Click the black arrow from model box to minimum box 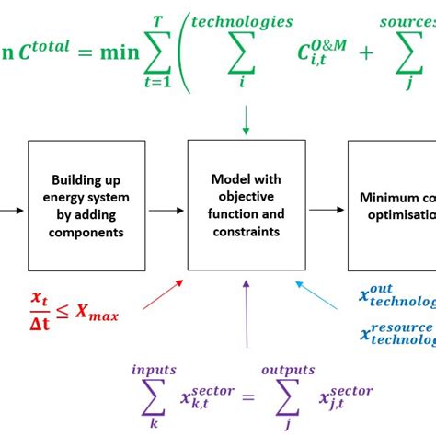pyautogui.click(x=326, y=210)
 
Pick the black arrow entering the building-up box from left pyautogui.click(x=11, y=210)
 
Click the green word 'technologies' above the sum pyautogui.click(x=243, y=21)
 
